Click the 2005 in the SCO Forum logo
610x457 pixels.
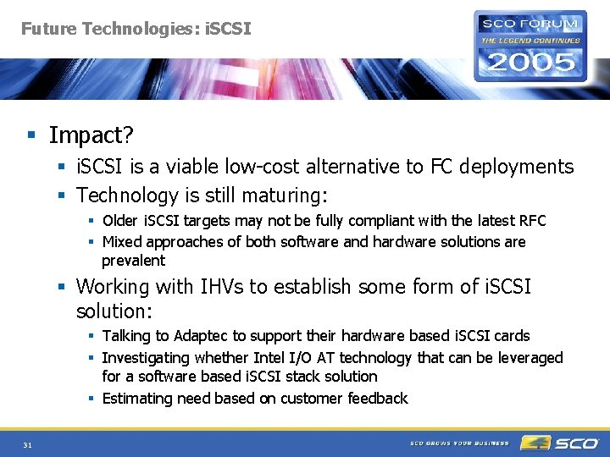click(530, 62)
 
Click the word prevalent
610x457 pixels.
click(133, 261)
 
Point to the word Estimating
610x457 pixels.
click(138, 399)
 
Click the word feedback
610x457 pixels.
click(378, 399)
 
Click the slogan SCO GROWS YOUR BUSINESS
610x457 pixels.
click(459, 443)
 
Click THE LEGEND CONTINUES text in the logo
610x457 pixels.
click(530, 40)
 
